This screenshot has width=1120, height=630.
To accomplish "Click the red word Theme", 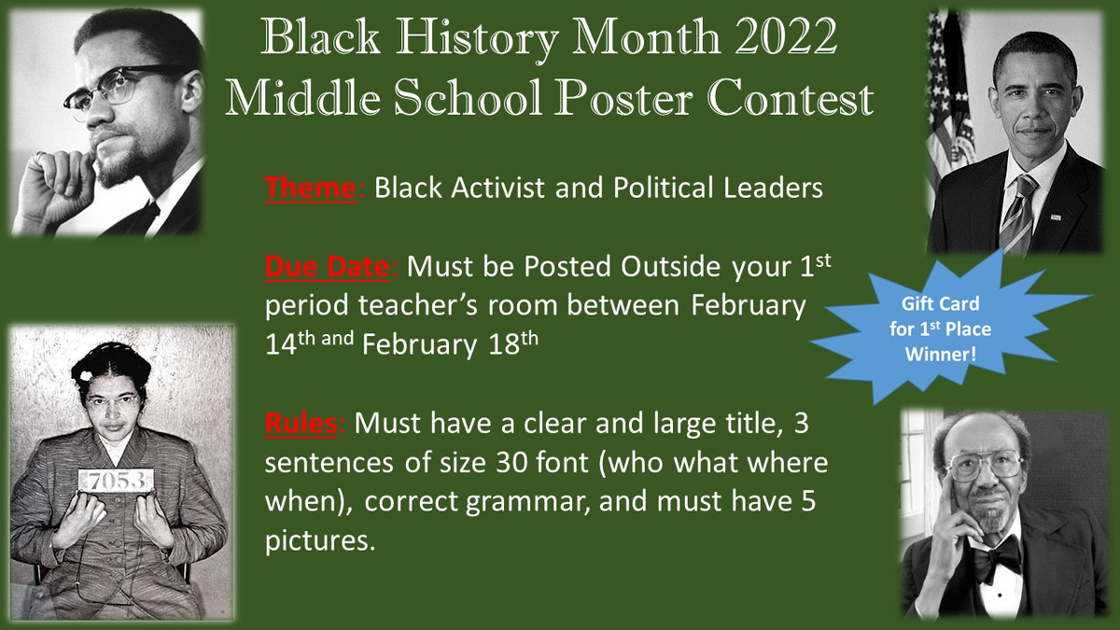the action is click(x=311, y=188).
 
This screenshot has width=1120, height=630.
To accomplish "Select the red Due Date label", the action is click(x=327, y=267).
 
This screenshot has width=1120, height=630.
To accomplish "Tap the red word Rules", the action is click(x=301, y=424).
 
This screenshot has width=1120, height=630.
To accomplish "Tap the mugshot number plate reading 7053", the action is click(x=116, y=481).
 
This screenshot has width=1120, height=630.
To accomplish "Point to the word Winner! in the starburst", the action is click(x=941, y=355).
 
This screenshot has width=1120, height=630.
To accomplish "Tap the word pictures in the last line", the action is click(x=320, y=541).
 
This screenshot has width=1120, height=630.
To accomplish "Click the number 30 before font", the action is click(x=512, y=463).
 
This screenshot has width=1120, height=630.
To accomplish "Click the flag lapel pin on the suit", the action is click(x=1056, y=217).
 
